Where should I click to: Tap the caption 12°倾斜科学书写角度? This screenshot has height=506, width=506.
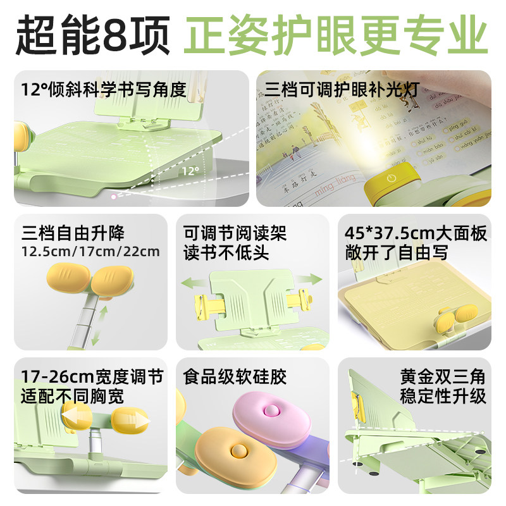(104, 89)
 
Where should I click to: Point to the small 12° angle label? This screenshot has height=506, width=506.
(188, 171)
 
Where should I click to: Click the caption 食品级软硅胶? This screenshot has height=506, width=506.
(235, 378)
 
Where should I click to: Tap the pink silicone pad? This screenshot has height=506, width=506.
(269, 414)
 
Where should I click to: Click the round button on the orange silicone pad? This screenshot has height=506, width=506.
(239, 451)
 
